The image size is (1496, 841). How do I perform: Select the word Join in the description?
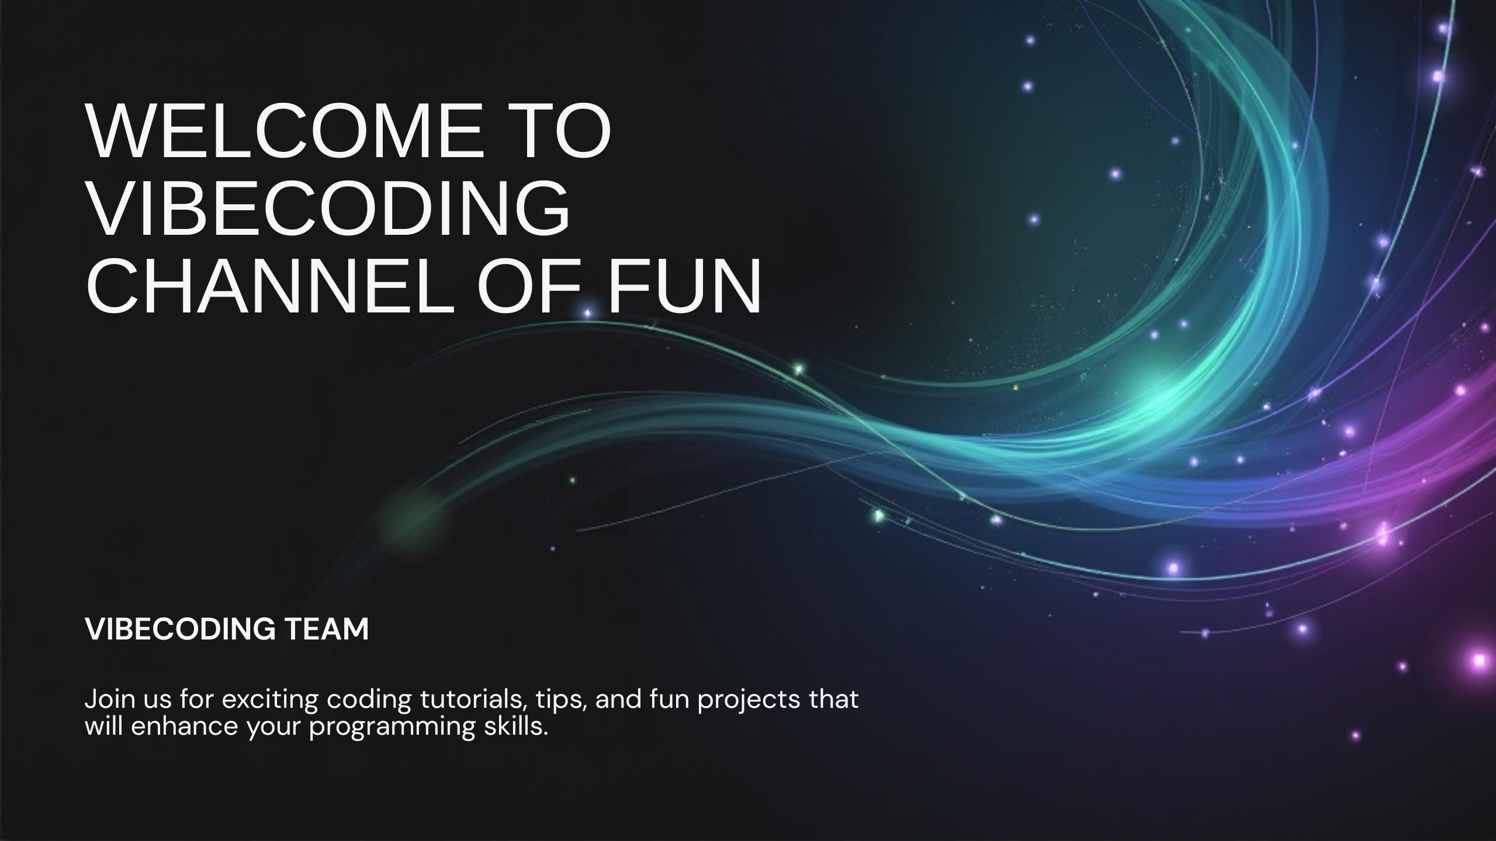[105, 699]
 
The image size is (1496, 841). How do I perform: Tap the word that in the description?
[833, 699]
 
